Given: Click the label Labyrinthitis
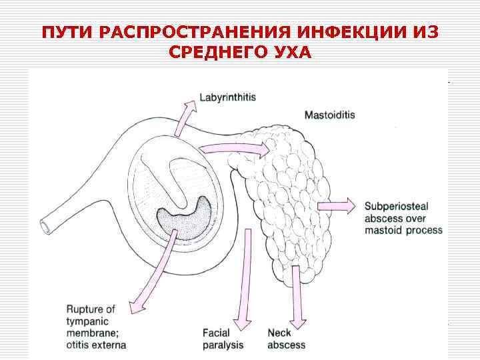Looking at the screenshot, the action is (227, 97).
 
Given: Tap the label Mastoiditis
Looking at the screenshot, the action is (329, 115).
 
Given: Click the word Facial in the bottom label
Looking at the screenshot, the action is (216, 333).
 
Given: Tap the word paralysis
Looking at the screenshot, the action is (223, 345).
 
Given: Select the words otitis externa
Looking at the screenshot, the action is (96, 345).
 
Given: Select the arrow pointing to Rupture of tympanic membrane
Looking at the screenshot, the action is (153, 270).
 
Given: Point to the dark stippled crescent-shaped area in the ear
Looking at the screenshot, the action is (184, 215).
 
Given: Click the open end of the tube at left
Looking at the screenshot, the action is (46, 227).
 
